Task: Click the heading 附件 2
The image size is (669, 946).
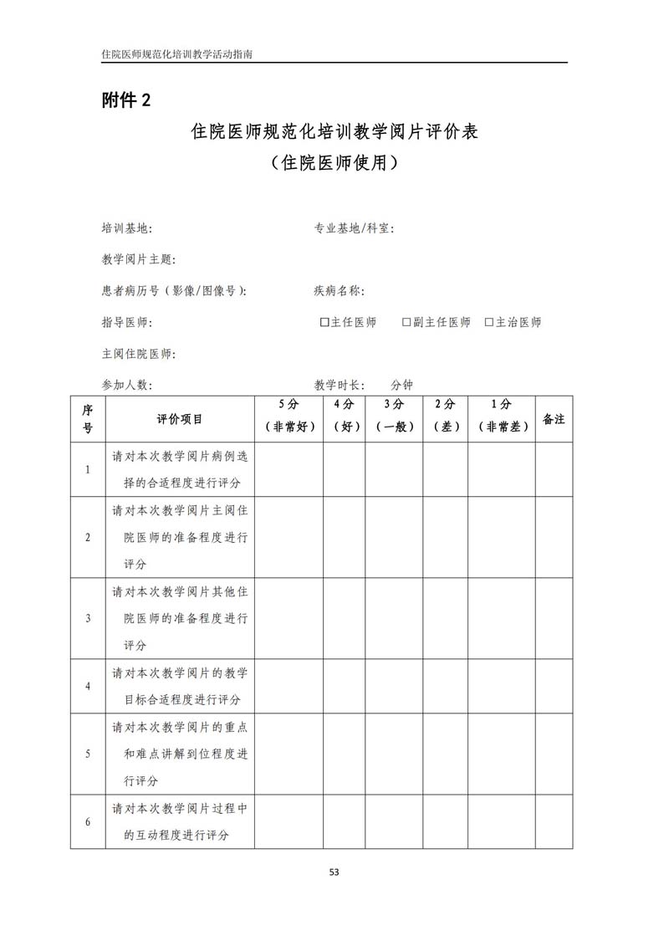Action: click(x=126, y=100)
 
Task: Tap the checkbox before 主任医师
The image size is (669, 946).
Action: click(x=324, y=322)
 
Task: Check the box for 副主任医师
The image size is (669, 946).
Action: click(x=406, y=322)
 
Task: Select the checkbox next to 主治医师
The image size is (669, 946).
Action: click(x=489, y=322)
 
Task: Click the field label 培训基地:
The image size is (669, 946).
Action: click(x=126, y=228)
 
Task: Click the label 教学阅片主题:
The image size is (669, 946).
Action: click(x=138, y=259)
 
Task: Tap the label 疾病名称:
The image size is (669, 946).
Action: click(x=339, y=291)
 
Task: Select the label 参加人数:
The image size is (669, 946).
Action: click(x=126, y=385)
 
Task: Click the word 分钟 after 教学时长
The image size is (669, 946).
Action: click(x=401, y=385)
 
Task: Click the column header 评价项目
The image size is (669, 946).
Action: click(x=180, y=419)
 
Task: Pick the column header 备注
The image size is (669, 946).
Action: click(x=554, y=419)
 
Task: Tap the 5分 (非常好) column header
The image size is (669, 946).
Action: click(x=289, y=416)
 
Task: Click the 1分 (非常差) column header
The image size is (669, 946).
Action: click(x=502, y=416)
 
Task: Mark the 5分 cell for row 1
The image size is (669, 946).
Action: click(x=289, y=469)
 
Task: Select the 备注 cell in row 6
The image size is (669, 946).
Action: click(x=554, y=821)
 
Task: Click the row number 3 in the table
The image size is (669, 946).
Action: click(x=88, y=618)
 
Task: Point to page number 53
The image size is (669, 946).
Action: click(x=334, y=872)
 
